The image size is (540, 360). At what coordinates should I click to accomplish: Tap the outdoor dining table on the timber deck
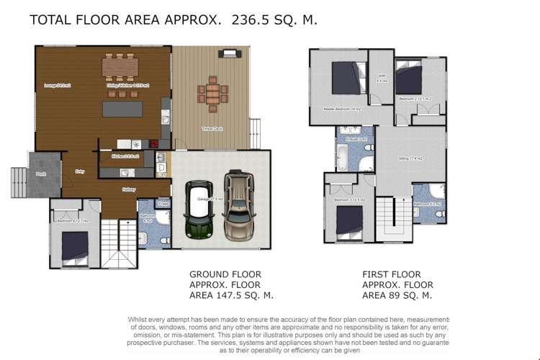tap(212, 93)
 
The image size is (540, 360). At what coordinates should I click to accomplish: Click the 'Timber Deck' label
tap(210, 128)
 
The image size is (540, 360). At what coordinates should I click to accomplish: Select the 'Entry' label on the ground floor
tap(80, 171)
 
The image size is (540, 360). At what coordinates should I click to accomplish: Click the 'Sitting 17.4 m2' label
tap(410, 158)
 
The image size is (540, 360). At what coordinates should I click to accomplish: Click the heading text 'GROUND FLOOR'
tap(225, 274)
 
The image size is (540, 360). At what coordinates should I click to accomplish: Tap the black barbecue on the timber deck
tap(229, 53)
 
